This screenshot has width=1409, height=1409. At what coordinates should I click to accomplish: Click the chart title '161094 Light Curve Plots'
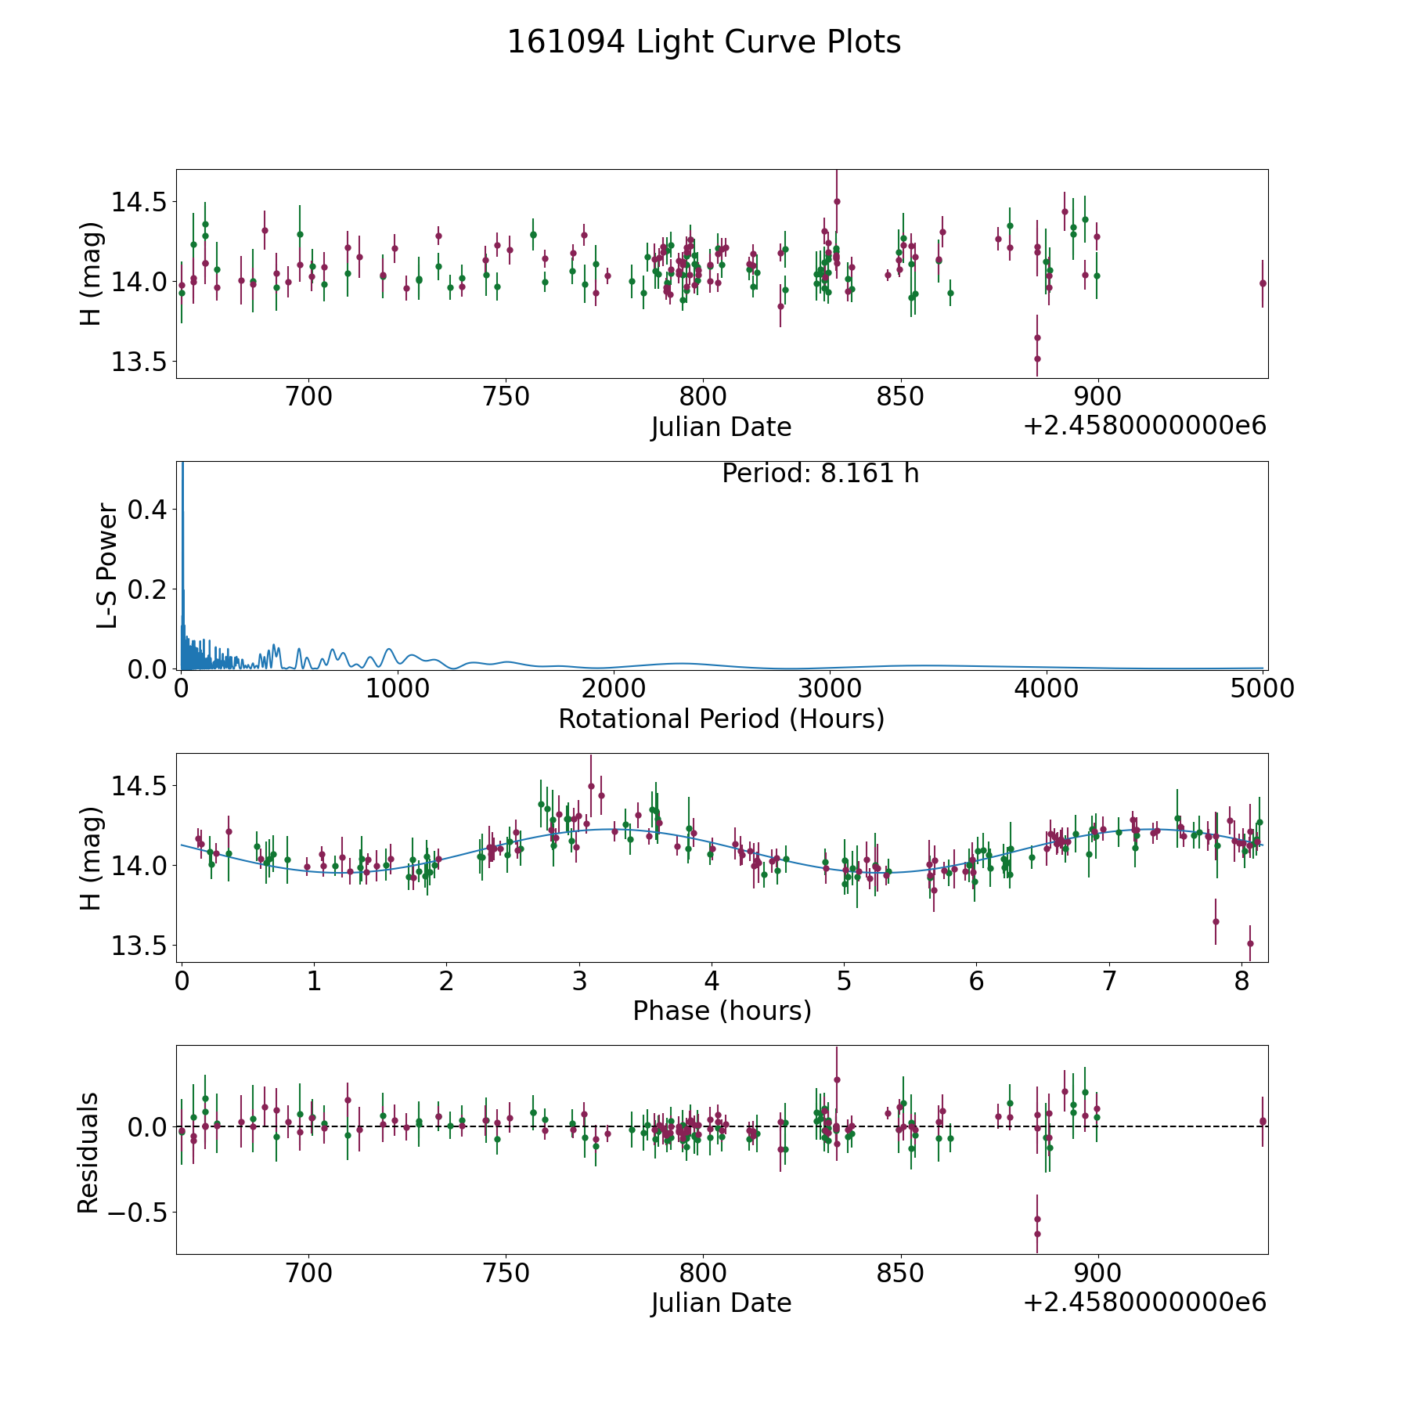point(704,42)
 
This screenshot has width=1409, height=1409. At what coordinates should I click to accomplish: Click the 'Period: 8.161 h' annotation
point(820,474)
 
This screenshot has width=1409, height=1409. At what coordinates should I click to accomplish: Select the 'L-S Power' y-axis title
point(107,566)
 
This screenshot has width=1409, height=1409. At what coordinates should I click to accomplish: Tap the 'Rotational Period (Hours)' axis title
point(721,719)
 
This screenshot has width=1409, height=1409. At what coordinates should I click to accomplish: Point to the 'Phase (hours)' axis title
point(721,1011)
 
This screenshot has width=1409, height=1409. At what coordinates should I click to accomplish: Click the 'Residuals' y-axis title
point(88,1152)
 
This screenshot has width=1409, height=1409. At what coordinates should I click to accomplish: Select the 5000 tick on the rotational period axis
point(1261,688)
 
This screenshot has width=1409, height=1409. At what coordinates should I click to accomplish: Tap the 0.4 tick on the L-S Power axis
point(148,510)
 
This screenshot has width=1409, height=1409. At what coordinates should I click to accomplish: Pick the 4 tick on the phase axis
point(712,981)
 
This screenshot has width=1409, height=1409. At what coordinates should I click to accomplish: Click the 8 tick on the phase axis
point(1241,981)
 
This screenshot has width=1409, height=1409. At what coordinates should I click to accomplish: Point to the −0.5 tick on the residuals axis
point(136,1213)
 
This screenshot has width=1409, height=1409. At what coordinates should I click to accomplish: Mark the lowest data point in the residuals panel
point(1037,1234)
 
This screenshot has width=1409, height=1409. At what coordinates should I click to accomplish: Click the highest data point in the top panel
point(837,201)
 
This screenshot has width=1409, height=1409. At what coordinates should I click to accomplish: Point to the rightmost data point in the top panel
point(1262,283)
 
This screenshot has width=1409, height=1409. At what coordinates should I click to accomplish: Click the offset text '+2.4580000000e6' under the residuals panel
point(1144,1303)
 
